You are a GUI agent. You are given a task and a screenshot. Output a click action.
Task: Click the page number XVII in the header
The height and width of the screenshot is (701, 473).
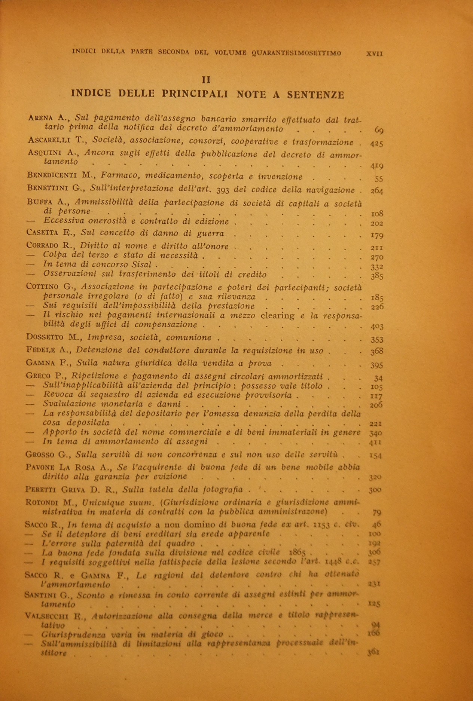pos(375,53)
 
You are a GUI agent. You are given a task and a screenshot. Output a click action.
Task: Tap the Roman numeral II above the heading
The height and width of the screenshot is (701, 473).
pos(206,80)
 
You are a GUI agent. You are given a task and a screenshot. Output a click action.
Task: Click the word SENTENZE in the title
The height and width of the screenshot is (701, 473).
pos(315,95)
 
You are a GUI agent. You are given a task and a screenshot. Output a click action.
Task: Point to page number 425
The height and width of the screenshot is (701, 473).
pos(376,143)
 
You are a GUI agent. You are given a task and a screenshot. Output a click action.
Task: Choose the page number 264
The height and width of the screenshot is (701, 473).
pos(376,191)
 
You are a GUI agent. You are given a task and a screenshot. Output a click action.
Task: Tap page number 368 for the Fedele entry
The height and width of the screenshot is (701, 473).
pos(376,351)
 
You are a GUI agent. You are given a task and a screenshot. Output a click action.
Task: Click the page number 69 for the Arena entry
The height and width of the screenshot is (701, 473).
pos(378,130)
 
